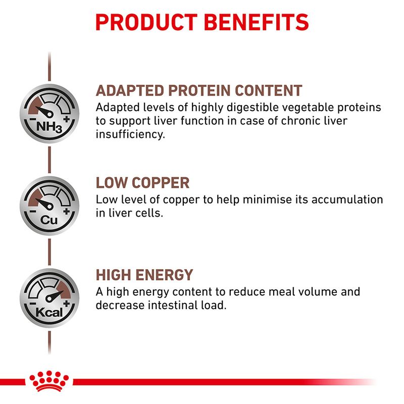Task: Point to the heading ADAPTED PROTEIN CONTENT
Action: [x=199, y=91]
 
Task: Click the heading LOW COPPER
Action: [x=142, y=183]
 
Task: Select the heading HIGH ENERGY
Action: [x=144, y=275]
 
